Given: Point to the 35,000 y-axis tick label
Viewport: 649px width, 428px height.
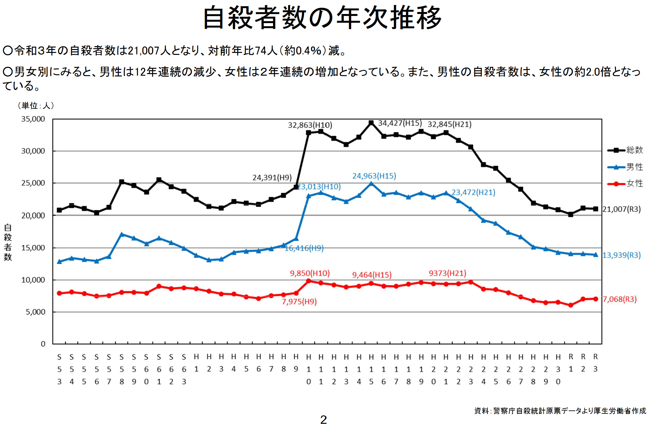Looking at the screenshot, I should (x=33, y=119).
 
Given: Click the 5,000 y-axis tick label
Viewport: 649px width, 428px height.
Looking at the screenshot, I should (x=36, y=312).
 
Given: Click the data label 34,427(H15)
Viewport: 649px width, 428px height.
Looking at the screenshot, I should (x=400, y=123).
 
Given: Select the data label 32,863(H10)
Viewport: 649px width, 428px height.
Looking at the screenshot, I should (x=310, y=125).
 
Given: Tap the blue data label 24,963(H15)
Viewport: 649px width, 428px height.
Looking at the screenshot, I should (x=374, y=176).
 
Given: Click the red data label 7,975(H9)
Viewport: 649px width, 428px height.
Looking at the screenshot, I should (x=299, y=302).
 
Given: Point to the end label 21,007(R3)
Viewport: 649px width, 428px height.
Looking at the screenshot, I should (x=621, y=209).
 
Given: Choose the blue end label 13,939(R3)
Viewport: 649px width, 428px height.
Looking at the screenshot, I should (x=621, y=255).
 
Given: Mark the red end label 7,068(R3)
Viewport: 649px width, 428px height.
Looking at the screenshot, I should (x=619, y=299).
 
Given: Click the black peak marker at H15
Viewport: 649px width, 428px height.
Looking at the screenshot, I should (x=371, y=123).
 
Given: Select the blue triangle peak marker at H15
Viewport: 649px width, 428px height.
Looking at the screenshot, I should (x=371, y=184).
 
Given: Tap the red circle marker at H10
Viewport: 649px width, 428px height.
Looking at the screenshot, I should (x=309, y=281).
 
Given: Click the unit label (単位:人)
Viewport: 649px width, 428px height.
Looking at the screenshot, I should (x=36, y=106).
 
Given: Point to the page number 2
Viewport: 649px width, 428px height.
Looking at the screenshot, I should (x=323, y=420).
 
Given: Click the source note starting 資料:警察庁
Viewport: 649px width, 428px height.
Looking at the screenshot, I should (x=560, y=411).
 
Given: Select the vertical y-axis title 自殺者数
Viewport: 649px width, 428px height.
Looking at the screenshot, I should (x=8, y=242).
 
